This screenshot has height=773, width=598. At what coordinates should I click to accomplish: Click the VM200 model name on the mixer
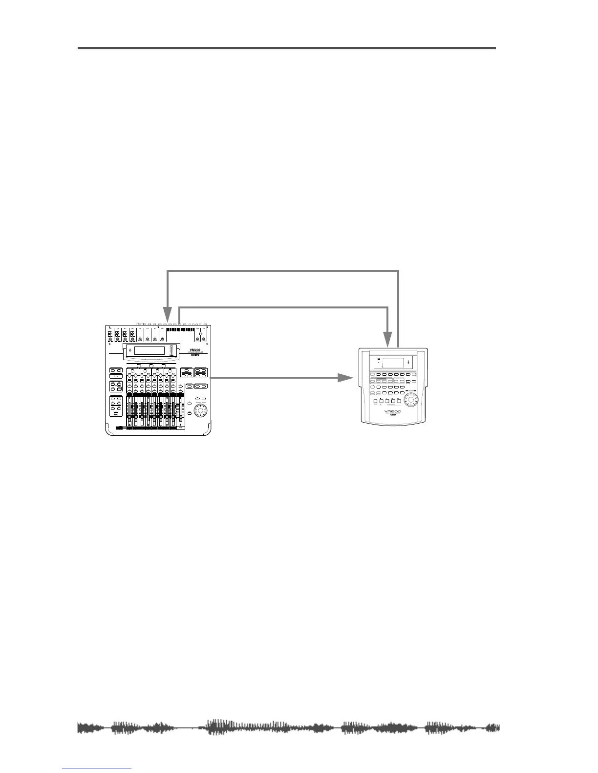[195, 349]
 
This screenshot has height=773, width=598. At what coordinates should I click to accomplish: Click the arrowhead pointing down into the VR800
[387, 338]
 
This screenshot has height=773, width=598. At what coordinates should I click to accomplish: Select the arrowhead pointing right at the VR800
[346, 378]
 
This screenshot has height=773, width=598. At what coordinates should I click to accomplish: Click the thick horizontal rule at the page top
[287, 48]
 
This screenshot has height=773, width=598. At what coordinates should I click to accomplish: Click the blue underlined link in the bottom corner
[97, 770]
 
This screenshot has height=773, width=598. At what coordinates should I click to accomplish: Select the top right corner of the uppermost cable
[399, 272]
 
